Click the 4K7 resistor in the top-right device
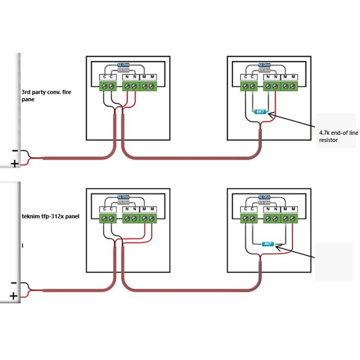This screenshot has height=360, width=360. click(x=260, y=112)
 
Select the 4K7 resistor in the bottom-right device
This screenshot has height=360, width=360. click(x=268, y=244)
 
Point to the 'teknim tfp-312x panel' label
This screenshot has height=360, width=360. click(x=50, y=217)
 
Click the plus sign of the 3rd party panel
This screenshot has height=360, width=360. click(x=15, y=164)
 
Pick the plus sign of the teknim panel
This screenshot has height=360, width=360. click(x=13, y=296)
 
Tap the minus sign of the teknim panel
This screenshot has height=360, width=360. click(x=14, y=283)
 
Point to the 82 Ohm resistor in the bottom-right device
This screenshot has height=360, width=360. click(x=265, y=197)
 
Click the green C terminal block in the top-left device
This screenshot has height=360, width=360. click(x=108, y=86)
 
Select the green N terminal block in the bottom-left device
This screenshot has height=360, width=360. click(x=131, y=219)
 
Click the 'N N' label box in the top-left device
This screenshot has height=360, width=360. click(x=131, y=77)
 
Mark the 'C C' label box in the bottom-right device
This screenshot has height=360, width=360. click(x=249, y=210)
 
